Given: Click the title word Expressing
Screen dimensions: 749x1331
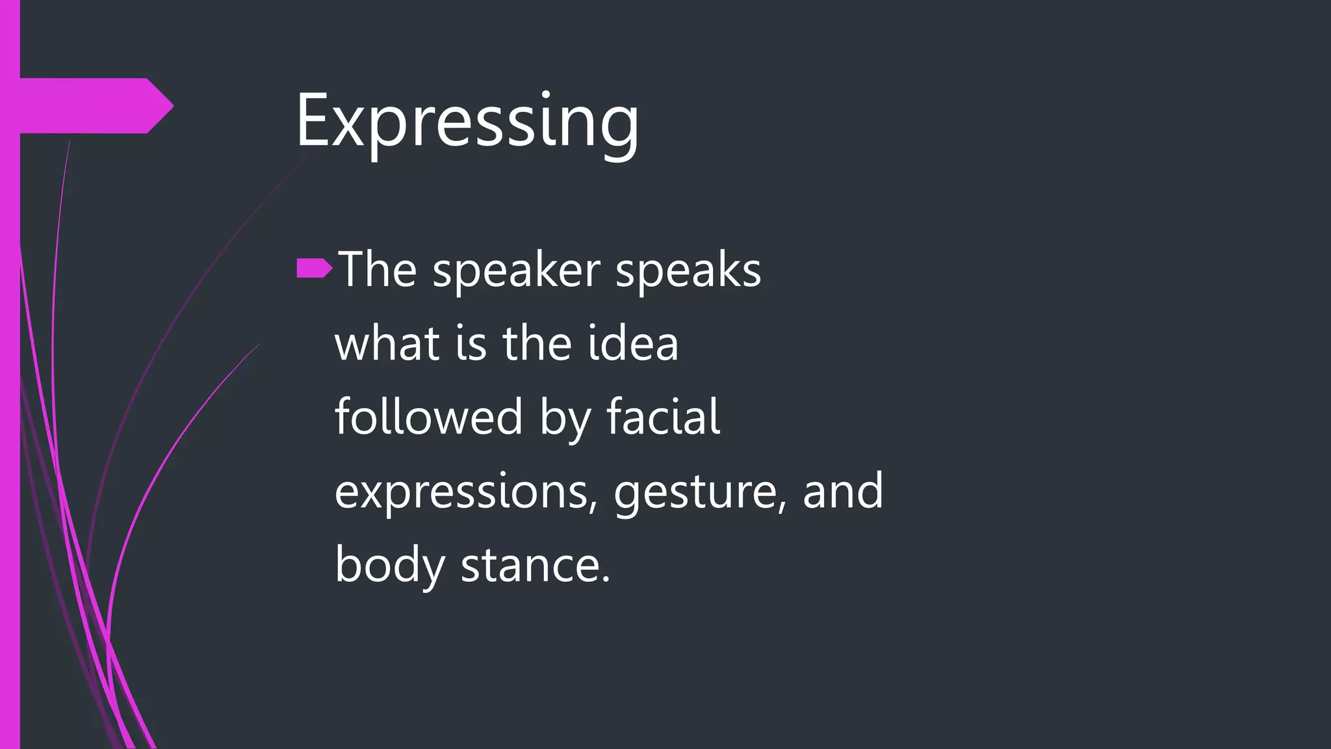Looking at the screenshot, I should click(x=467, y=122).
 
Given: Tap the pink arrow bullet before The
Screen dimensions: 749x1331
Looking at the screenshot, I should click(x=314, y=269).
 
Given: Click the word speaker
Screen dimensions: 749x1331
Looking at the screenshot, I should click(x=516, y=270).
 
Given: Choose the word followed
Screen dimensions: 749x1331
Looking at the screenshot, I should click(x=429, y=417).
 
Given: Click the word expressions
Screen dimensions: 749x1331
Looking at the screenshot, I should click(x=462, y=492).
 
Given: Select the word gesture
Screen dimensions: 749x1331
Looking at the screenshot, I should click(x=695, y=492).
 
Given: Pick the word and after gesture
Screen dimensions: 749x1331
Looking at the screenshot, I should click(x=843, y=491).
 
